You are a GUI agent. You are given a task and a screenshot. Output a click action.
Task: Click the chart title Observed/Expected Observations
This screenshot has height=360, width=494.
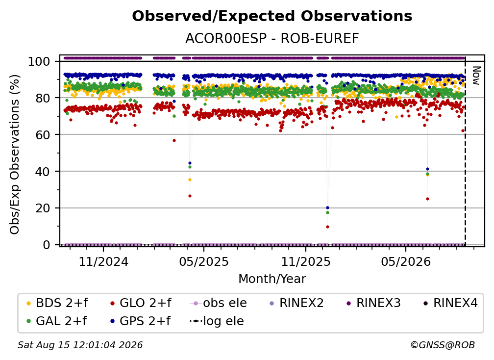pos(272,16)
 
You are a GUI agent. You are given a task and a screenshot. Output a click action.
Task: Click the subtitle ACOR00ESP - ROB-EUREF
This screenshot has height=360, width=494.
pos(272,39)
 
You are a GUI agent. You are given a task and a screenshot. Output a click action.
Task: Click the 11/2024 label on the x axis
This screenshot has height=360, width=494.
pos(103,261)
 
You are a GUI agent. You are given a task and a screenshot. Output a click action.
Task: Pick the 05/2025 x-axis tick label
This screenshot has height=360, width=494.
pos(204,261)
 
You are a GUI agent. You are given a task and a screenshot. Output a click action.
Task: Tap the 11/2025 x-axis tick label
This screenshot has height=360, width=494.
pos(306,261)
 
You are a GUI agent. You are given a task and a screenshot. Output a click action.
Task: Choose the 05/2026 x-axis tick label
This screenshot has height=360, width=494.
pos(406,261)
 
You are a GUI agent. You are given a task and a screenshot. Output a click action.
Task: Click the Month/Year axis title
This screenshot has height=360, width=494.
pos(272,279)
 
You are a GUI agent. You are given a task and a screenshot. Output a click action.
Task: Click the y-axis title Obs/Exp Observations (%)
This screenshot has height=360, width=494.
pos(15,154)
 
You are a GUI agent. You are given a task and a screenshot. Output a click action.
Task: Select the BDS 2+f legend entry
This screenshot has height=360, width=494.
pos(57,303)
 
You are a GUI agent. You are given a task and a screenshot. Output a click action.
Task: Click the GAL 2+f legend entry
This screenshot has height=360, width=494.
pos(56,321)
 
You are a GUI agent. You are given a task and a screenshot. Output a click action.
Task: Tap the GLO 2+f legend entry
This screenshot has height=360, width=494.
pos(140,303)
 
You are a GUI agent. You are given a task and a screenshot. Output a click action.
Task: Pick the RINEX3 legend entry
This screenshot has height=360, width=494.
pos(373,303)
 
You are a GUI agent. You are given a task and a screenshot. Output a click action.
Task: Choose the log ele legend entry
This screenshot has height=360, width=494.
pos(217,321)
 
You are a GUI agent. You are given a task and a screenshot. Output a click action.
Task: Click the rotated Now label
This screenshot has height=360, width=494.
pos(476,76)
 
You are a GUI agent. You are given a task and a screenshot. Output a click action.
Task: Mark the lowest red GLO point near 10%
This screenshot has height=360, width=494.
pos(328,227)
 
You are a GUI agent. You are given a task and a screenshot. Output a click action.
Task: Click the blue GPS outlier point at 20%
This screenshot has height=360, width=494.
pos(328,208)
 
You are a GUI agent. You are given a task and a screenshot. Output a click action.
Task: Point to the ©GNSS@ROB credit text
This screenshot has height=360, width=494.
pos(443,345)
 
